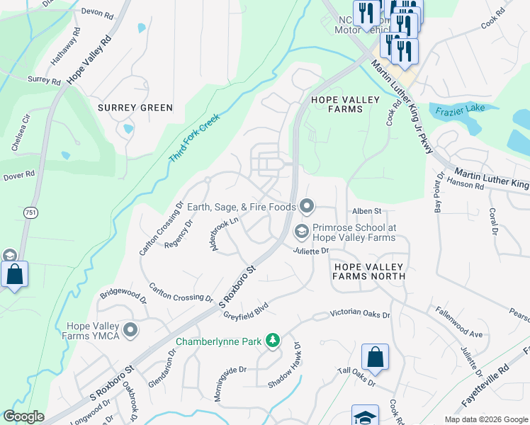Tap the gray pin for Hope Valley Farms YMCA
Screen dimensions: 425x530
tap(130, 330)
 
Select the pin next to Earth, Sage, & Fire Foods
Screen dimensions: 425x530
tap(307, 207)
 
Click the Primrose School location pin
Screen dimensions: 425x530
tap(302, 232)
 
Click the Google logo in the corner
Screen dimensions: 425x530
tap(23, 416)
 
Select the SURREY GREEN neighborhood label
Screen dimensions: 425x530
tap(135, 108)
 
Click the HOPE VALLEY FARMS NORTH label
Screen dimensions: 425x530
tap(368, 271)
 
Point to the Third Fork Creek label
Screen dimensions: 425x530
tap(196, 137)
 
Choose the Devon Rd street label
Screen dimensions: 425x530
tap(97, 13)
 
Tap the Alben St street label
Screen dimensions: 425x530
tap(367, 211)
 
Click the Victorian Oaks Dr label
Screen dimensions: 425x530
tap(361, 314)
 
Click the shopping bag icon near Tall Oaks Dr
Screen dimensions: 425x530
tap(375, 356)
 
